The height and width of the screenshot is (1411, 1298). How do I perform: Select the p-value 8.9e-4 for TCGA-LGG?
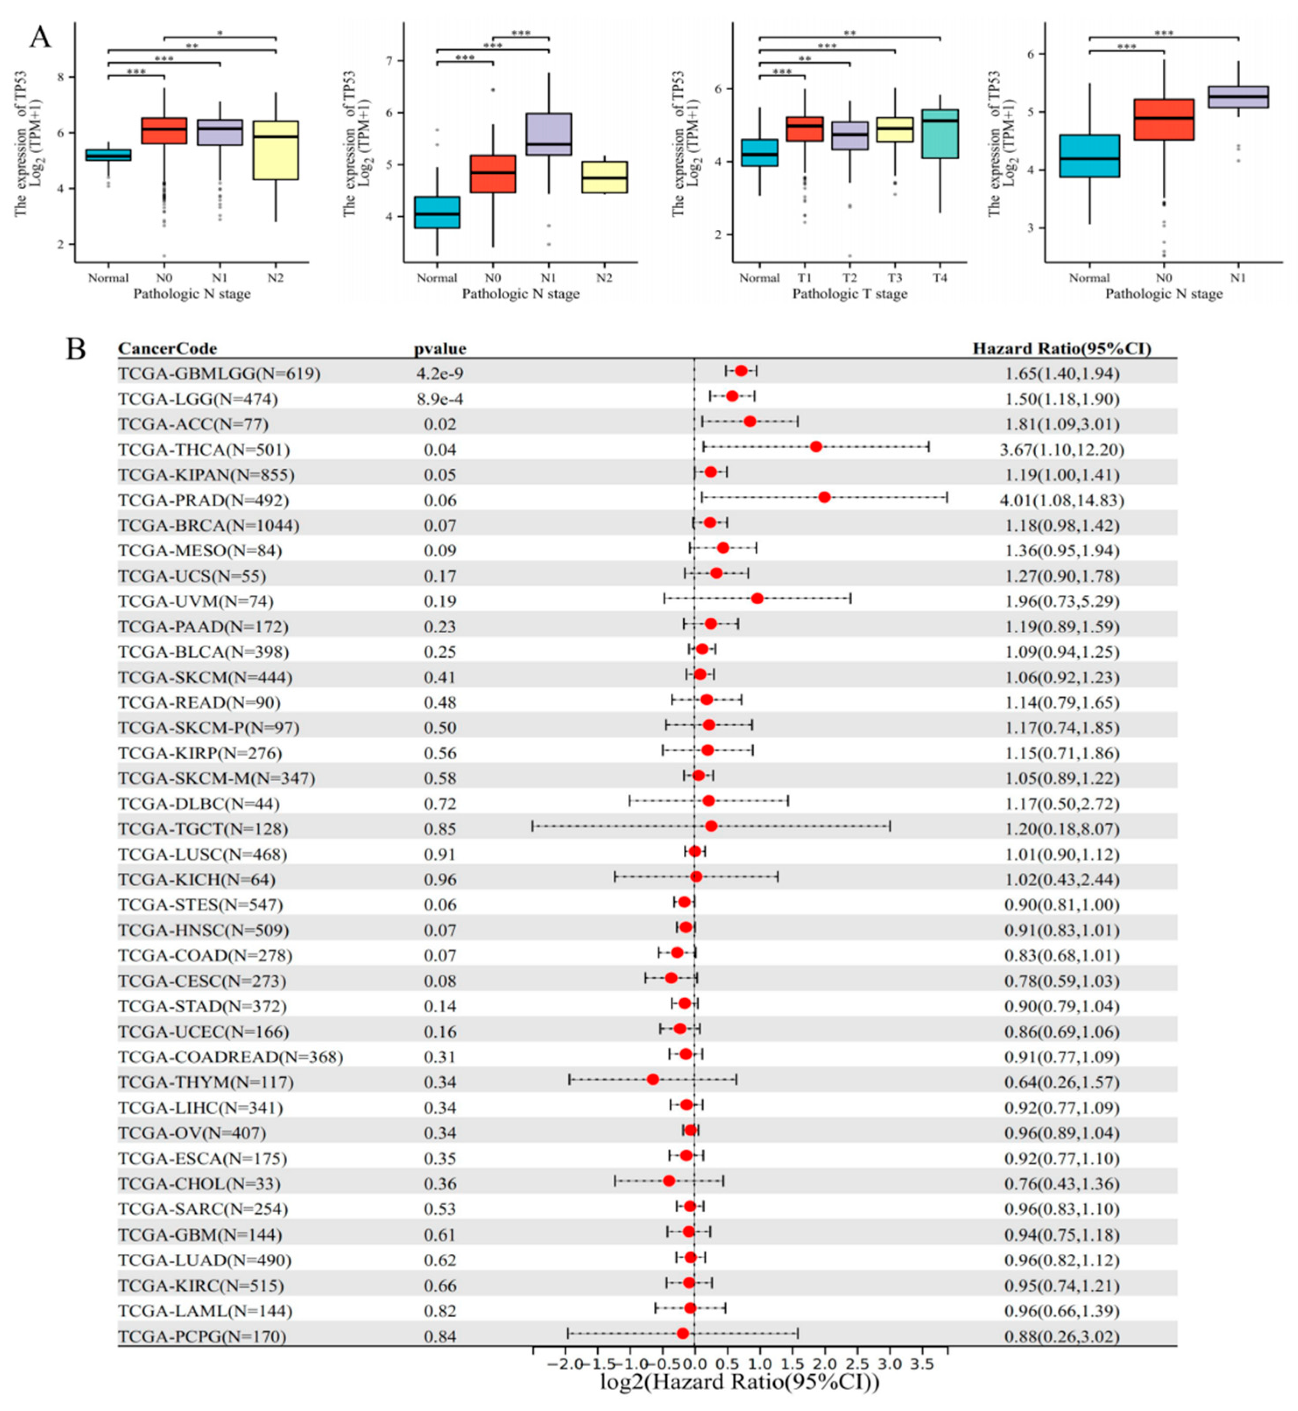pyautogui.click(x=439, y=399)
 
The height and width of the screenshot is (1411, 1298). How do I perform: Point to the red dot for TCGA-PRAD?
pyautogui.click(x=825, y=497)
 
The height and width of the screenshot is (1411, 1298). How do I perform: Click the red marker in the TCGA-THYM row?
pyautogui.click(x=653, y=1079)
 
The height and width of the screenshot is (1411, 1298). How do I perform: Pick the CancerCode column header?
pyautogui.click(x=167, y=348)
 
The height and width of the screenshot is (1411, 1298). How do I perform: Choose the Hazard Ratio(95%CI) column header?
pyautogui.click(x=1061, y=348)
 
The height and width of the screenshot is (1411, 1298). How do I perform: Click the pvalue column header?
pyautogui.click(x=439, y=348)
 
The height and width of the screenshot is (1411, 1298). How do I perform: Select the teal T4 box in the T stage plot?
pyautogui.click(x=940, y=133)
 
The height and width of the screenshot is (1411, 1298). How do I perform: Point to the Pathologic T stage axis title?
pyautogui.click(x=849, y=294)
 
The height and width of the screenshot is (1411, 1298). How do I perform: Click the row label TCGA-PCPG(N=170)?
pyautogui.click(x=202, y=1336)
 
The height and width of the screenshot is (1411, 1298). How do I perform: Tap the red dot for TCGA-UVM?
pyautogui.click(x=757, y=598)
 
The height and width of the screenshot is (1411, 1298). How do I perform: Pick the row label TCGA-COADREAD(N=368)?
pyautogui.click(x=230, y=1057)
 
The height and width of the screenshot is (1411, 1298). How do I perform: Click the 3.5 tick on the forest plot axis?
pyautogui.click(x=922, y=1363)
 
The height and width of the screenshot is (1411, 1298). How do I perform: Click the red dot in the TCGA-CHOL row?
pyautogui.click(x=669, y=1181)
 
